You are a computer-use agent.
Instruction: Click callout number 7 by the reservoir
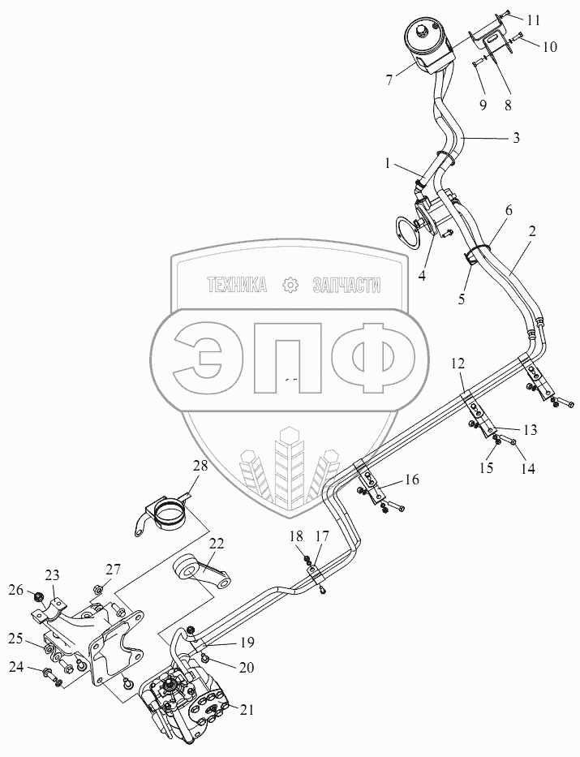pyautogui.click(x=389, y=80)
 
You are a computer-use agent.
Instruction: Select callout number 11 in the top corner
pyautogui.click(x=533, y=20)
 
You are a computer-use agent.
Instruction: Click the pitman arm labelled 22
pyautogui.click(x=203, y=572)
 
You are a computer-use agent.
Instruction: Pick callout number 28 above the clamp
pyautogui.click(x=201, y=466)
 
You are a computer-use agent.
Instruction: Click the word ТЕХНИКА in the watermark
pyautogui.click(x=236, y=285)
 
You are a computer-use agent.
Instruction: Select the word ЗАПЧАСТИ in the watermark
pyautogui.click(x=346, y=285)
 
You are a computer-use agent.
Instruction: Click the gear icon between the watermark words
pyautogui.click(x=290, y=285)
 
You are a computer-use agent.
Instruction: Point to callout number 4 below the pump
pyautogui.click(x=422, y=276)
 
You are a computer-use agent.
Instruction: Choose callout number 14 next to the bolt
pyautogui.click(x=529, y=468)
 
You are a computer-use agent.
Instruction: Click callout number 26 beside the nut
pyautogui.click(x=16, y=590)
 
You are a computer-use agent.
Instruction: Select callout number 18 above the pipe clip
pyautogui.click(x=296, y=535)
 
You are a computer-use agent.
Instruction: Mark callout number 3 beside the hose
pyautogui.click(x=516, y=138)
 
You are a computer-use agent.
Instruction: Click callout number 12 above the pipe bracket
pyautogui.click(x=458, y=363)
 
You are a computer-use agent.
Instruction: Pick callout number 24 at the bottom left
pyautogui.click(x=16, y=668)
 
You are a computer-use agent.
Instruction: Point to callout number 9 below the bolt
pyautogui.click(x=483, y=105)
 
